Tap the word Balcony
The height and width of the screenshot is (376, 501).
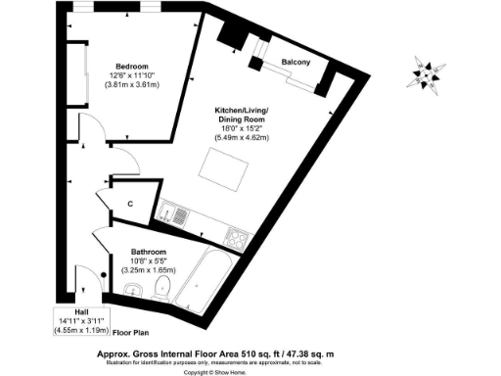point(296,62)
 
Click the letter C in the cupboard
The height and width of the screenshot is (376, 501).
point(130,204)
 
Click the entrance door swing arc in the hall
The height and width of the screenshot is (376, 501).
point(91,282)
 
